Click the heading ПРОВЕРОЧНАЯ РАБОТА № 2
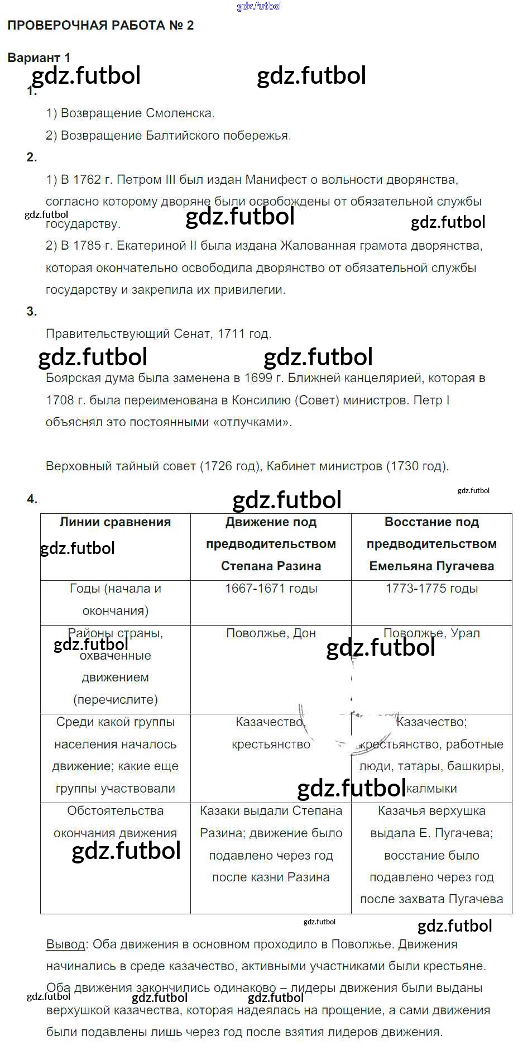(100, 25)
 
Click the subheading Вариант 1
(39, 58)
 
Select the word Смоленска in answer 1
(180, 113)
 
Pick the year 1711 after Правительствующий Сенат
(231, 334)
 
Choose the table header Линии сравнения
(115, 522)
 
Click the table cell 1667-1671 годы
(271, 589)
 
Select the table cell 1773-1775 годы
(431, 589)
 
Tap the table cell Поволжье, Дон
(271, 633)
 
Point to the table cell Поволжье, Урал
(431, 633)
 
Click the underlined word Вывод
(65, 944)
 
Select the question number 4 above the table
(32, 499)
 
